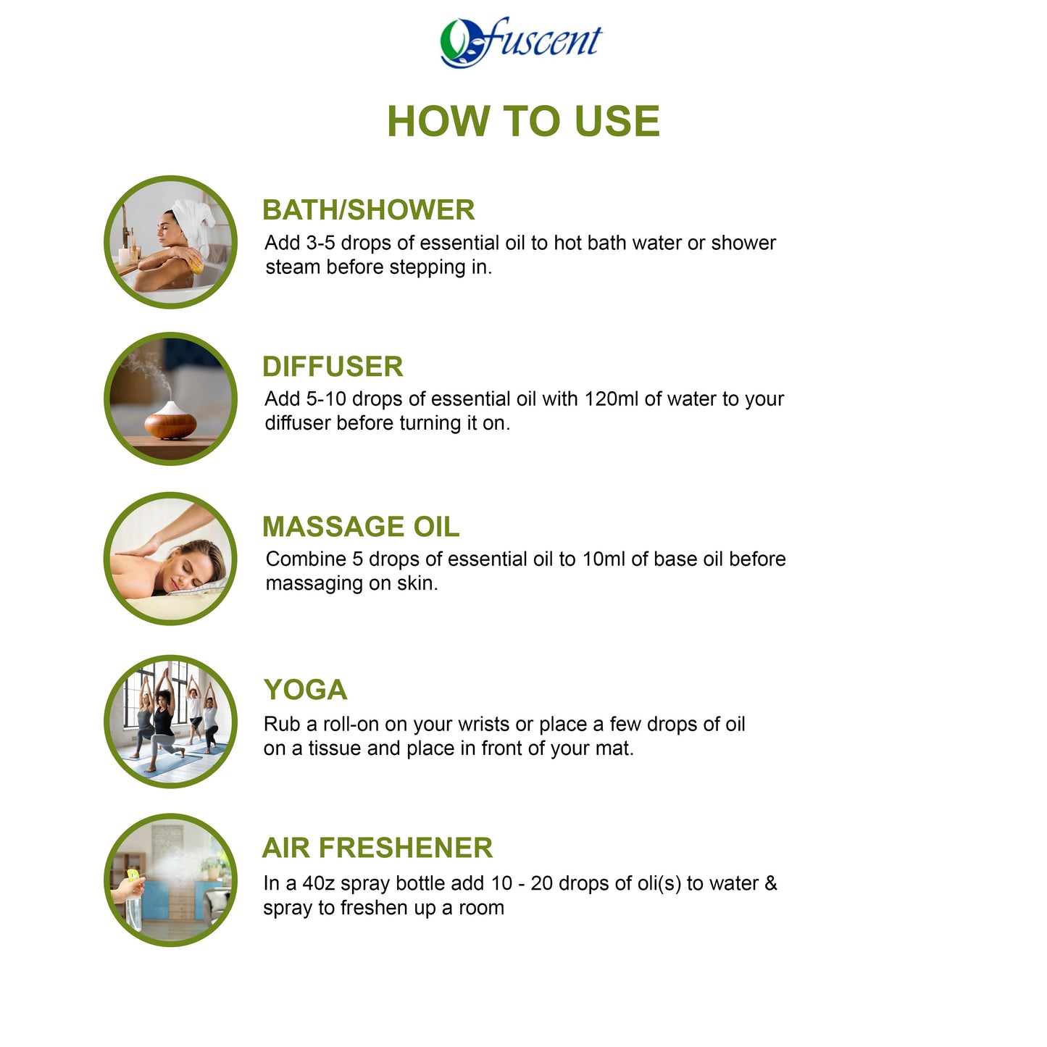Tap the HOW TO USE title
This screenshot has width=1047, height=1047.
point(523,121)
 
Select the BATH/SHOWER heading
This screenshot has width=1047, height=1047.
point(368,210)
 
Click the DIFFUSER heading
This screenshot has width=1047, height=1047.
point(333,367)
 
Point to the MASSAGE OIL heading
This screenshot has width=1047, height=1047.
point(361,527)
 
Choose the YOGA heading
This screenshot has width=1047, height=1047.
point(305,690)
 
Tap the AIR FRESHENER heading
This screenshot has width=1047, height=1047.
point(377,848)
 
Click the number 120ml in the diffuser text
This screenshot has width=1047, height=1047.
point(612,399)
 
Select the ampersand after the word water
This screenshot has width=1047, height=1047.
point(770,884)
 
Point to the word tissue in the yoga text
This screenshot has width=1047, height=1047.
point(335,748)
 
